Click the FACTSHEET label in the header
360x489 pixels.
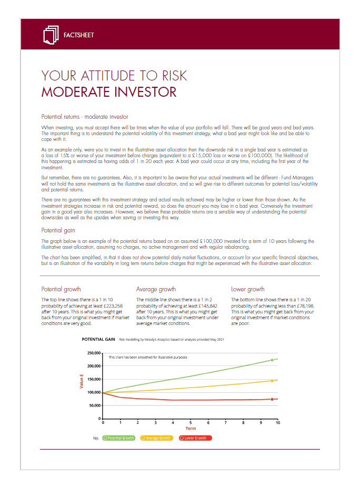(x=78, y=35)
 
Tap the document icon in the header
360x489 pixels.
(x=50, y=35)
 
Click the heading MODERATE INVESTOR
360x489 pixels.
(x=109, y=92)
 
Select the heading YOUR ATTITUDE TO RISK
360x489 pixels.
(x=114, y=75)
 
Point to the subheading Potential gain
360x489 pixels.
(x=59, y=230)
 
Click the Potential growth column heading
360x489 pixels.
(x=61, y=289)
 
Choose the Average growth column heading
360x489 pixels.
(x=156, y=289)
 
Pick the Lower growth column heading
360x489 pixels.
(x=248, y=289)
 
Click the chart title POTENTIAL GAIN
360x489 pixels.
(x=98, y=340)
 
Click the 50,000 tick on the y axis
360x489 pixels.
(x=95, y=405)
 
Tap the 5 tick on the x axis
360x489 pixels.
(x=191, y=423)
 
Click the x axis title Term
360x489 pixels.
(x=190, y=429)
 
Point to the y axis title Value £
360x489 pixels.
(x=82, y=381)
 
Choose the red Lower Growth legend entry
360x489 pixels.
(x=195, y=437)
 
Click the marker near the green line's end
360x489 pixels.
(x=272, y=360)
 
